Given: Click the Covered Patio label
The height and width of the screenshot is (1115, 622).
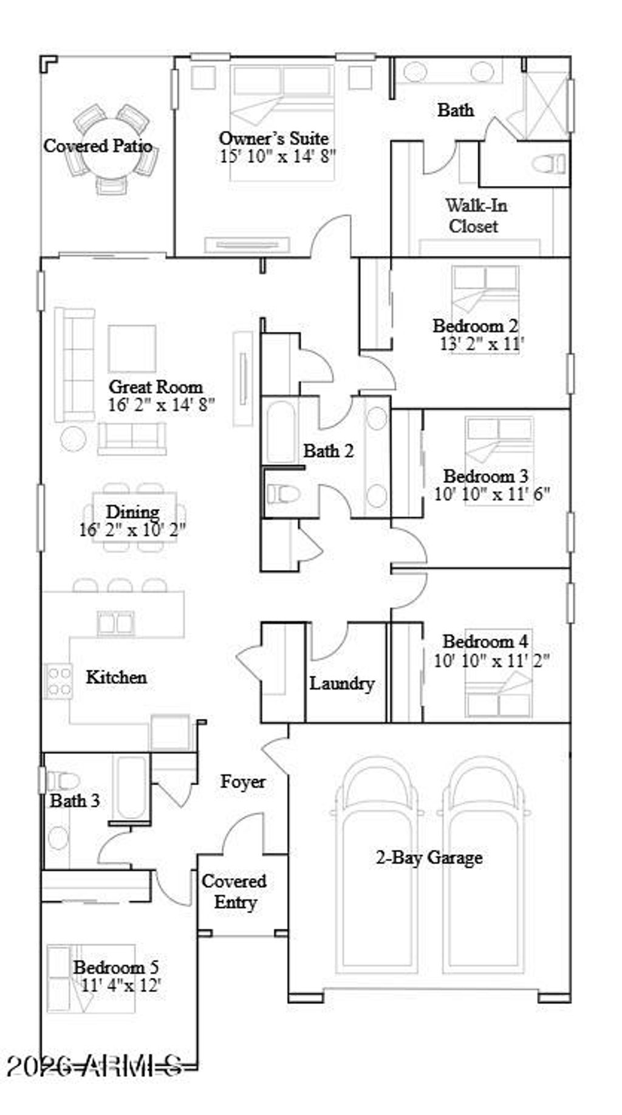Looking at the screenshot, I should coord(97,146).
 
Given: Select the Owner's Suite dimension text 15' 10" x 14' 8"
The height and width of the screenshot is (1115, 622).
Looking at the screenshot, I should coord(278,156).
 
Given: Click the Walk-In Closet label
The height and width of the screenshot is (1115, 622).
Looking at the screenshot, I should coord(476,216).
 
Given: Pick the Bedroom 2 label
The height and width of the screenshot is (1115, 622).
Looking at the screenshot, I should coord(475,326).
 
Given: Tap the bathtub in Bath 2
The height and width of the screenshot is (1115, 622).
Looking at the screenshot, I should coord(281,431).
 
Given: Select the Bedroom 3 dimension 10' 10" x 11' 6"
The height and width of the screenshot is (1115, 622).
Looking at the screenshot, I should coord(491,494).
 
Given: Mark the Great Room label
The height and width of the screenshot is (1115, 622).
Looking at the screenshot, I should coord(155,387).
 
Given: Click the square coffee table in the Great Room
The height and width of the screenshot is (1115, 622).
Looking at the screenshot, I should coord(132,348).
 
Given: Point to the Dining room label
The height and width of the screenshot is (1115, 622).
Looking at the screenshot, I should coord(132,512).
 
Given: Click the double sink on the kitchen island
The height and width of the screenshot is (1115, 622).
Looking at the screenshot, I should coord(115,623).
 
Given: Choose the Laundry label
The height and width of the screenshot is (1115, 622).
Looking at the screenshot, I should coord(341,684).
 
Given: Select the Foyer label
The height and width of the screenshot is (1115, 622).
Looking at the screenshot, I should coord(242,781).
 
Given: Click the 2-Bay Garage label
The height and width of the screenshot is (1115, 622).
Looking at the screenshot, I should coord(429,858).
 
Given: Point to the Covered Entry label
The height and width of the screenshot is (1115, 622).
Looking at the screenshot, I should coord(234,892).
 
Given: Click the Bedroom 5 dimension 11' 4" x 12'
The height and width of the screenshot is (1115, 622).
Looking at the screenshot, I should coord(120,986).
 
